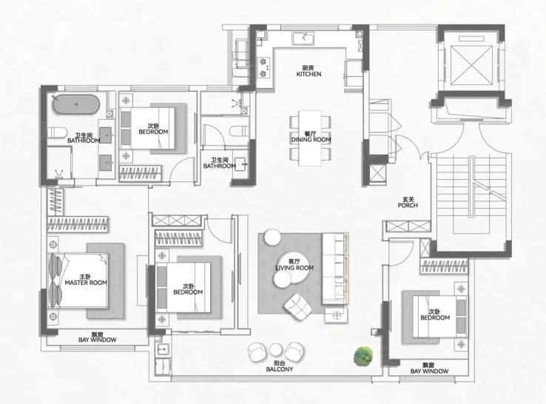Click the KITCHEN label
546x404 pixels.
309,74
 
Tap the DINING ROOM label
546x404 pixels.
311,140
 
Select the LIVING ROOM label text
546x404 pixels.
294,268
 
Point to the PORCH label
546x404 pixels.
408,205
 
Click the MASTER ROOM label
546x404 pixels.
86,283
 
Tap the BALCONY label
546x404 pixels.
279,369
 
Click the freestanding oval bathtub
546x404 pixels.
76,104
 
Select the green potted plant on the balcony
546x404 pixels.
363,356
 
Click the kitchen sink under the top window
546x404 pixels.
303,38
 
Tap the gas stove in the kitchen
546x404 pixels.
263,67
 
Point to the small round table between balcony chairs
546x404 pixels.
275,350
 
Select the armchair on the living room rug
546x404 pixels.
297,306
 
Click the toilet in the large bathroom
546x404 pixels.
57,132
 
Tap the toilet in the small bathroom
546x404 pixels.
239,131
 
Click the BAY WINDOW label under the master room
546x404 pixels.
97,340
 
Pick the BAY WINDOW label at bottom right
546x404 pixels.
429,371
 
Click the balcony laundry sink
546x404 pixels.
163,349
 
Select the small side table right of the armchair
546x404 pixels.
336,315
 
